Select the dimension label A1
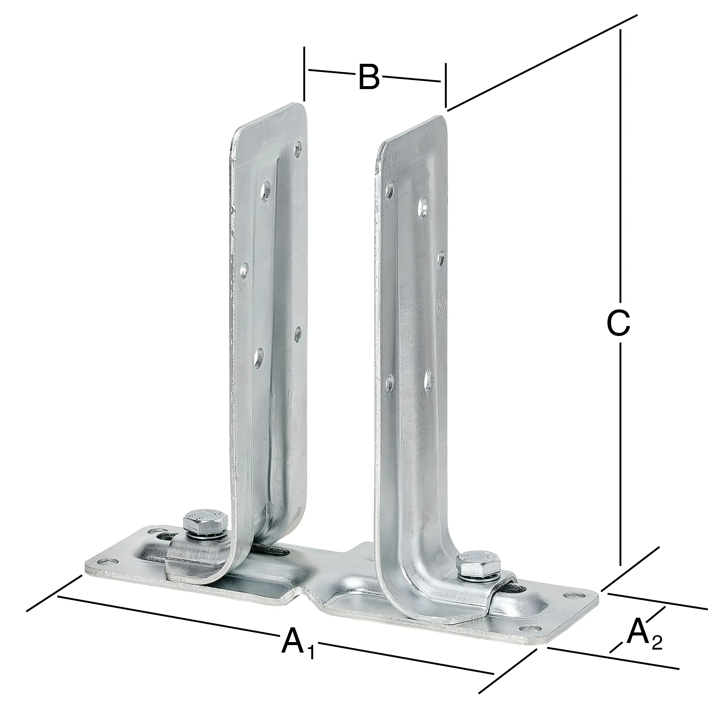click(297, 642)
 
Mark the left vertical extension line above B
click(304, 74)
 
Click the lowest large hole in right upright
click(428, 381)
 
